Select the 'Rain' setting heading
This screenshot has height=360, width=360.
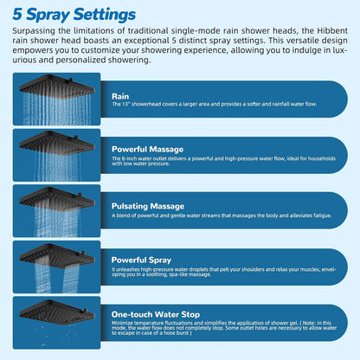tap(121, 96)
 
